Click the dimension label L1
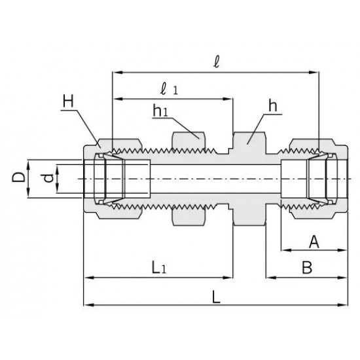[159, 268]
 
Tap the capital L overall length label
[216, 297]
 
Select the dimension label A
[314, 242]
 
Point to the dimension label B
[307, 268]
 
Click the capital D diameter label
[18, 177]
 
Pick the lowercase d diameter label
[48, 178]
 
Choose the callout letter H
[68, 101]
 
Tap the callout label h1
[160, 111]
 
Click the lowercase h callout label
[273, 106]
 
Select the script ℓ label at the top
[216, 62]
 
